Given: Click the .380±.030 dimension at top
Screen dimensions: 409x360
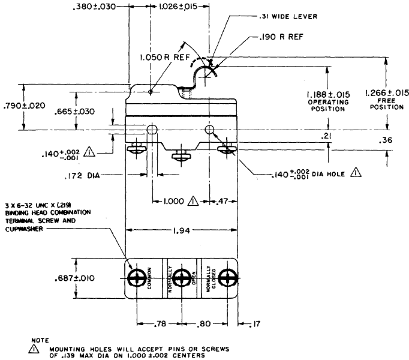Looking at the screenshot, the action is point(94,7).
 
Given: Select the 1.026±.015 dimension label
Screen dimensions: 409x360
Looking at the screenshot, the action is point(178,7).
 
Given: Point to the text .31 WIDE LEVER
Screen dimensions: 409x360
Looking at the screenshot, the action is point(288,16).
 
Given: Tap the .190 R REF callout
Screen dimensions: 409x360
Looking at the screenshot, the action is point(281,37).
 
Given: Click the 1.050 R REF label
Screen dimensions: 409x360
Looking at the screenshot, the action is point(165,57).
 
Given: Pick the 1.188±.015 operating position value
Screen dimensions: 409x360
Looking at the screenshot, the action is point(328,94).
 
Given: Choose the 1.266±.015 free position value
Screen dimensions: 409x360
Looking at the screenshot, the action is point(387,92).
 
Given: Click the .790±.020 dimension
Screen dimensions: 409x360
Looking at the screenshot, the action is point(24,106).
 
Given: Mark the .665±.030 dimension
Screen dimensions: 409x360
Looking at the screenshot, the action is point(74,112).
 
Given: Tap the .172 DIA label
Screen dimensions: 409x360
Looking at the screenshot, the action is point(82,176).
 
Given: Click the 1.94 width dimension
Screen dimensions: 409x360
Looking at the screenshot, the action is point(181,230).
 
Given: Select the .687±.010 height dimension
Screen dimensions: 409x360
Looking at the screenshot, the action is point(74,278).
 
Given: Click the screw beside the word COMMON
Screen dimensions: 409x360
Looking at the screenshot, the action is point(137,278).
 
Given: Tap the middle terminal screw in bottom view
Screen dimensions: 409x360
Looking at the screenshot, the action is point(182,278).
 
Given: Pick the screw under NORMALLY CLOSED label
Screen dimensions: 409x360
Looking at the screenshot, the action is point(227,278).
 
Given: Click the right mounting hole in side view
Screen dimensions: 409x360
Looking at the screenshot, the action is point(209,129).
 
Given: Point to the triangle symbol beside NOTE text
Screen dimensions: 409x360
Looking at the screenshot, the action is point(34,349).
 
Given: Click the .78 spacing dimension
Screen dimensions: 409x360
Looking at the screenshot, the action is point(160,324).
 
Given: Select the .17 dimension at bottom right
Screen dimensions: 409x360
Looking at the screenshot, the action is point(255,324).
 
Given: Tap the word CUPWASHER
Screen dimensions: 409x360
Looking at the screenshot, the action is point(24,229).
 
